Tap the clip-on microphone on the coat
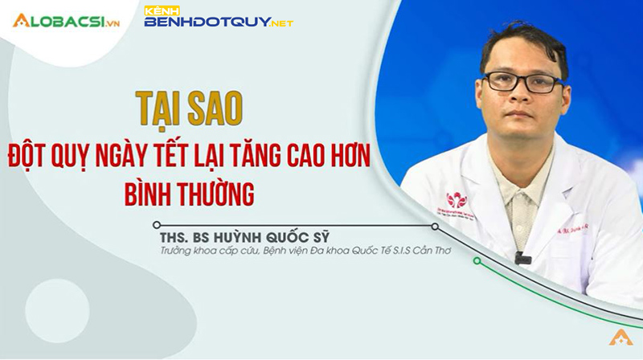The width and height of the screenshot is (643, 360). (522, 259)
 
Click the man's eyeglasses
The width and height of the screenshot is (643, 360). (522, 80)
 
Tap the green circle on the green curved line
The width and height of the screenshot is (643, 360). (477, 260)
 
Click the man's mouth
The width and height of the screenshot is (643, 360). (523, 115)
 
